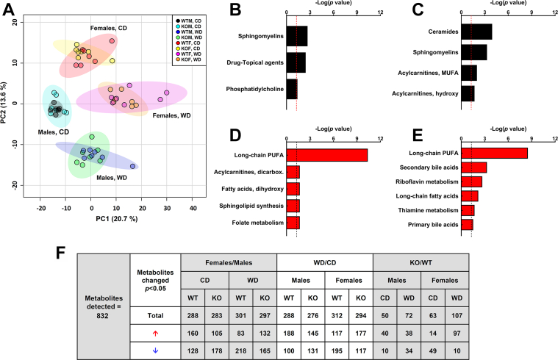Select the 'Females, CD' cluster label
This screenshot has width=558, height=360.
click(x=111, y=29)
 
